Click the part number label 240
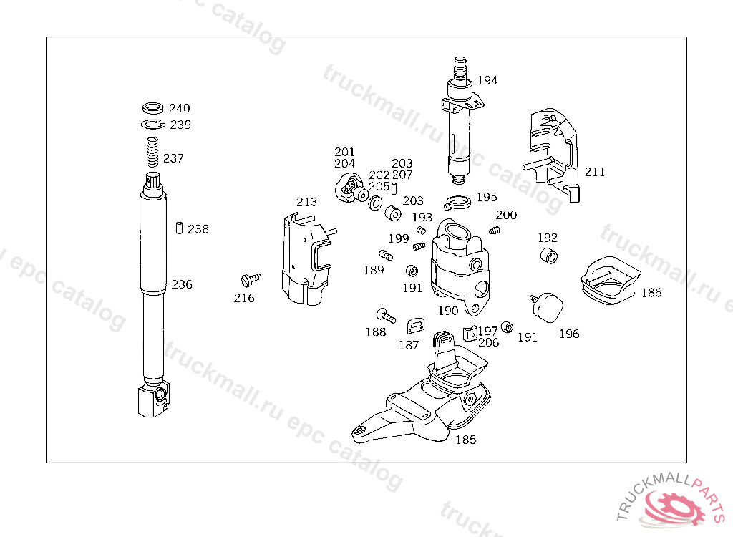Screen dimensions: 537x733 click(x=180, y=109)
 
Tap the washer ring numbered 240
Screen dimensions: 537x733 click(x=152, y=109)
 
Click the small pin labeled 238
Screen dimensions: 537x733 click(x=179, y=228)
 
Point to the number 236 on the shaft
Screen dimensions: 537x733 click(x=182, y=284)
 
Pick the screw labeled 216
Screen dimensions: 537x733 click(x=251, y=278)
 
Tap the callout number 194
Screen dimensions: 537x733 click(x=487, y=81)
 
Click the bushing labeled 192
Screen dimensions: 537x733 click(x=548, y=256)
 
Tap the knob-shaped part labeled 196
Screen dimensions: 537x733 click(x=548, y=306)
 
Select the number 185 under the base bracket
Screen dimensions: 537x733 click(x=466, y=440)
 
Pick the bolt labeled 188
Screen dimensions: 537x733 click(x=384, y=314)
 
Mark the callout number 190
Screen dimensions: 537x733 click(x=448, y=311)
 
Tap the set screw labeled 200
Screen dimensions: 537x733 click(x=494, y=230)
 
